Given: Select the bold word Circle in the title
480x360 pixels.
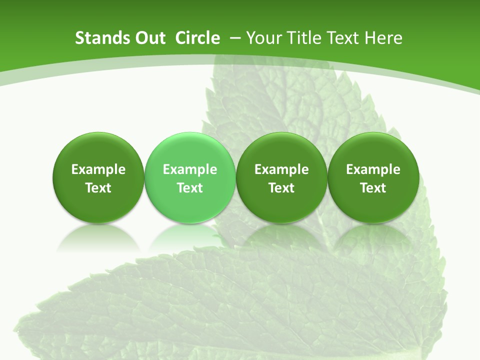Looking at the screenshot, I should (197, 38).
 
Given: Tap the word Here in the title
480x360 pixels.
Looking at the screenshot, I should (383, 38).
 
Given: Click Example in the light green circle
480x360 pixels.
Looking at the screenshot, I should (190, 170).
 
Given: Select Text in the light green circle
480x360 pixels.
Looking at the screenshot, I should (190, 188).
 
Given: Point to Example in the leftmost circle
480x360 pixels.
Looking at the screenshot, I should (98, 170).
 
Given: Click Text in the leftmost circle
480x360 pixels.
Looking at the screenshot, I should (98, 188).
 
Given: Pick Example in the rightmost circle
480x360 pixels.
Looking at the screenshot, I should (373, 170).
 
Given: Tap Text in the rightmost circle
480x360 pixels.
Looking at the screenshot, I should (373, 188).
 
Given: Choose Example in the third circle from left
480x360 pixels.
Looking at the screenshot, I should (281, 170).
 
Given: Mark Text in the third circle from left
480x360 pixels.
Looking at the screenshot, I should (281, 188).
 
